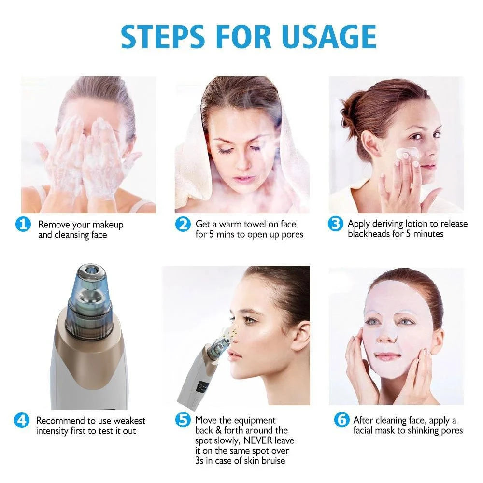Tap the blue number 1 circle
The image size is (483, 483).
pyautogui.click(x=23, y=225)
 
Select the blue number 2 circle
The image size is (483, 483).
pyautogui.click(x=182, y=225)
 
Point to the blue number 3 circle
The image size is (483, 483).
pyautogui.click(x=335, y=225)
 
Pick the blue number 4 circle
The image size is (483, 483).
pyautogui.click(x=22, y=420)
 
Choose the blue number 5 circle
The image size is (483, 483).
pyautogui.click(x=182, y=420)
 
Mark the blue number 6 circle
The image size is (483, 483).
pyautogui.click(x=341, y=420)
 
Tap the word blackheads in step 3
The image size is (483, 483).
pyautogui.click(x=370, y=234)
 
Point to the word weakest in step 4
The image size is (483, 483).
pyautogui.click(x=128, y=421)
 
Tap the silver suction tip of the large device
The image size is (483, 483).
pyautogui.click(x=90, y=274)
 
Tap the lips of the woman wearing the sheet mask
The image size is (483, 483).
pyautogui.click(x=388, y=356)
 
